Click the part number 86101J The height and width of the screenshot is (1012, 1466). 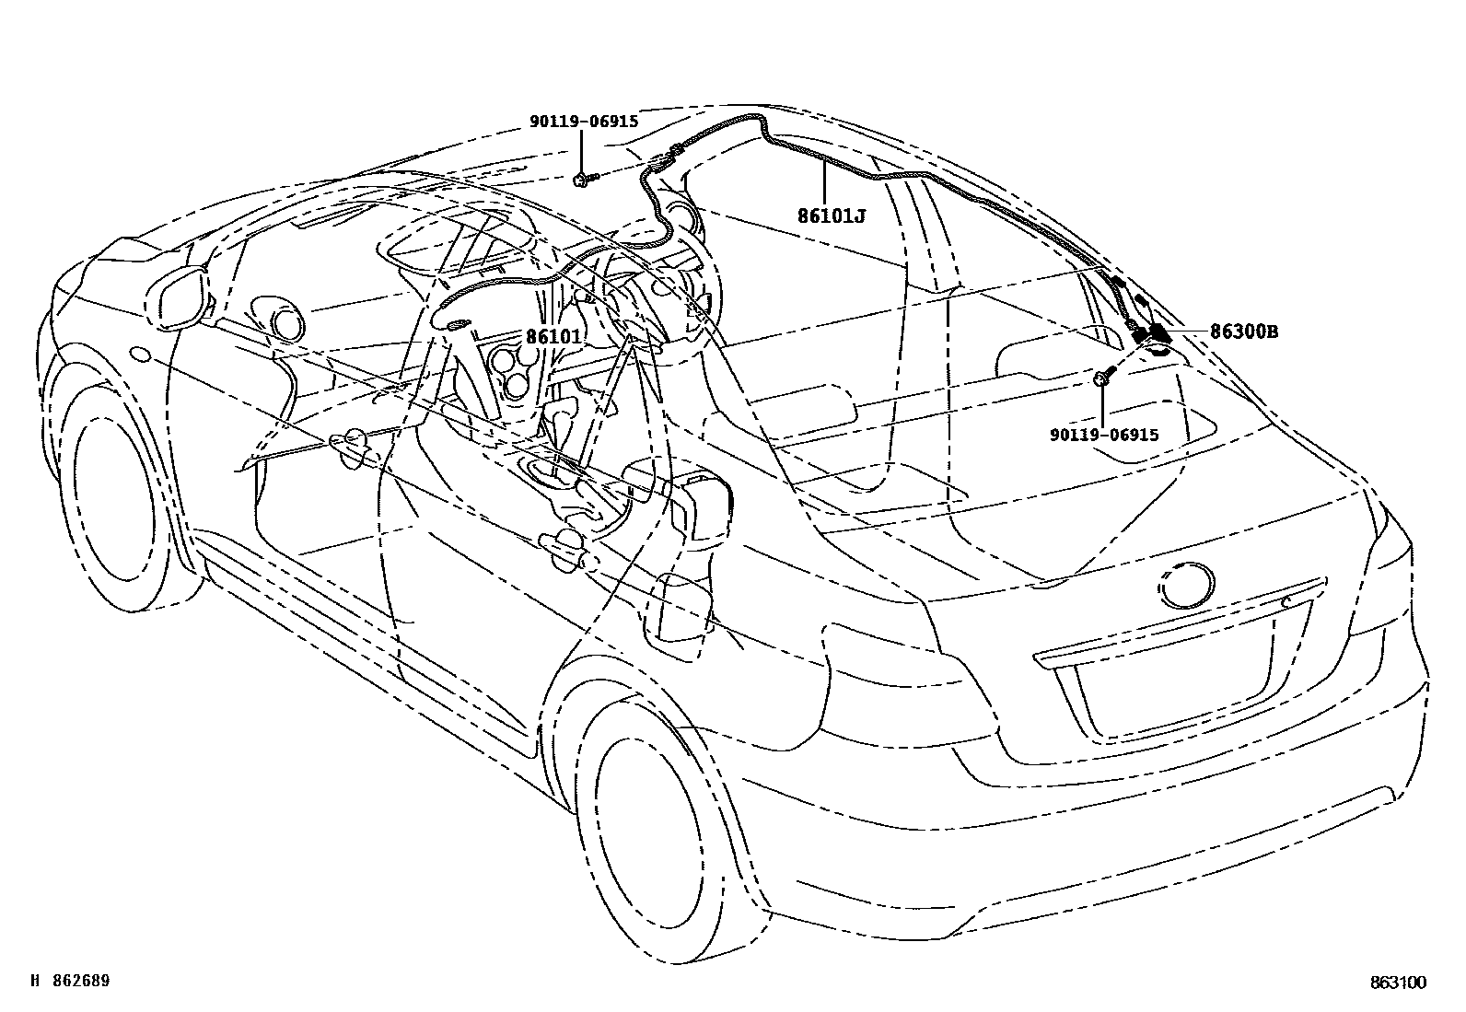pos(832,216)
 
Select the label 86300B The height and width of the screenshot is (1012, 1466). pos(1243,332)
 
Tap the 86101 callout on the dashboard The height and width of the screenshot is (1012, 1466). pos(553,337)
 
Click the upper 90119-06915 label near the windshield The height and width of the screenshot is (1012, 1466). pos(583,121)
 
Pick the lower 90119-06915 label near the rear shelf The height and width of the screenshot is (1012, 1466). pos(1103,436)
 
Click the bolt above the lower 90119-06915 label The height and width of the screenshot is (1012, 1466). pos(1102,377)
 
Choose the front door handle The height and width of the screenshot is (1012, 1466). pos(354,445)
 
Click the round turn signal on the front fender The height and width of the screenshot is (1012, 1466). pos(141,354)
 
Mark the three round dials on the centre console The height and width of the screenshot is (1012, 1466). pos(512,368)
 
